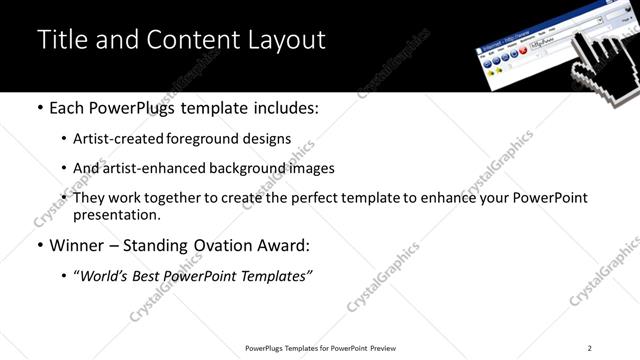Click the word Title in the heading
click(x=62, y=39)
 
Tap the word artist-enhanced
click(x=150, y=169)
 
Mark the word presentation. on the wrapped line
click(x=117, y=214)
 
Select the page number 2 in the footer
click(x=589, y=348)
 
